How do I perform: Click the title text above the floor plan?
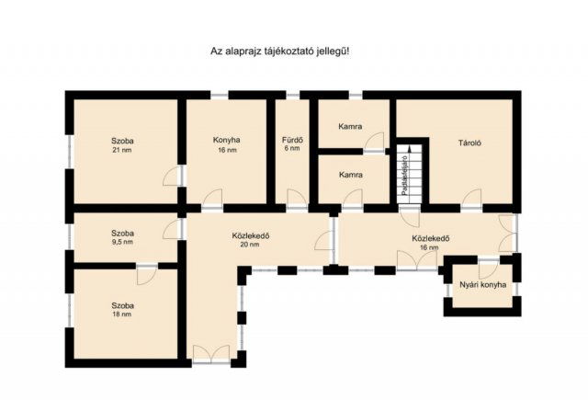[280, 52]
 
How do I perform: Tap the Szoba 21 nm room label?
[123, 145]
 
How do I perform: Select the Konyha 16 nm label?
[226, 145]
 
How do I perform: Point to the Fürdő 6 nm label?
[292, 145]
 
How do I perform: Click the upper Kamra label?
[350, 126]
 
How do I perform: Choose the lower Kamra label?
[350, 174]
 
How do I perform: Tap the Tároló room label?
[471, 143]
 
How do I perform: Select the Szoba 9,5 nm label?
[123, 238]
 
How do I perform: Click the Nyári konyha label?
[481, 287]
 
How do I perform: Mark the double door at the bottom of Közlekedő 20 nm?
[211, 353]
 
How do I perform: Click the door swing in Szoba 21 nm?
[173, 177]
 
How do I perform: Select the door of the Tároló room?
[470, 198]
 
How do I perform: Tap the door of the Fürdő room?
[296, 199]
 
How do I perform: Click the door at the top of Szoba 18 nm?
[145, 274]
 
